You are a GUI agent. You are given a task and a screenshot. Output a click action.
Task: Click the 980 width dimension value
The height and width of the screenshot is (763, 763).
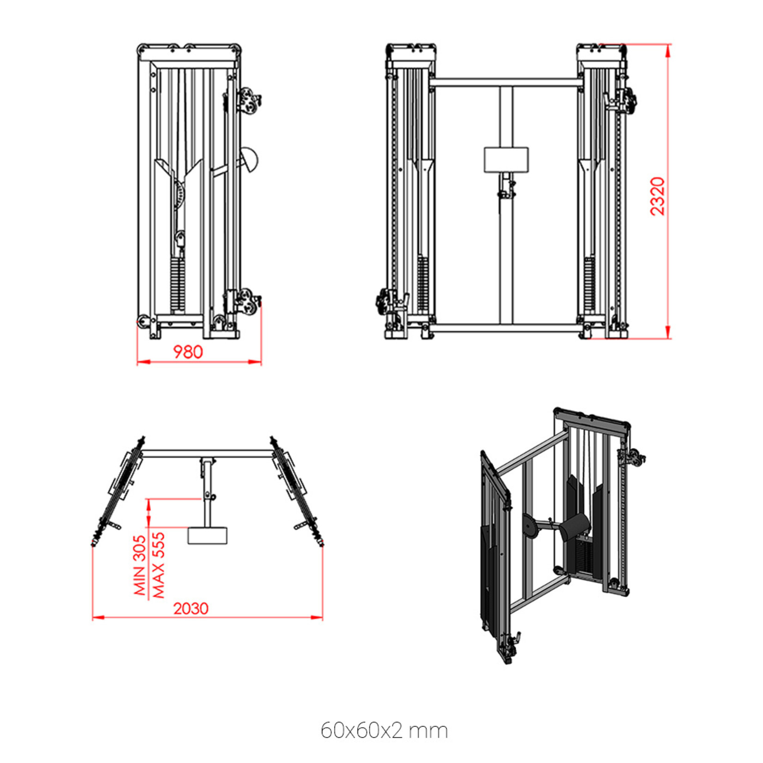tap(188, 352)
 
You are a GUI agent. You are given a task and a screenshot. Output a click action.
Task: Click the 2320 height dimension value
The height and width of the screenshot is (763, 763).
tap(657, 196)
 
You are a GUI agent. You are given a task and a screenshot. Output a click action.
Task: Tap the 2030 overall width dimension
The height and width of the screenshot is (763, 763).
tap(191, 609)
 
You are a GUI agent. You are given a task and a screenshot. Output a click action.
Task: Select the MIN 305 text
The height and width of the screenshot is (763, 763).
tap(140, 565)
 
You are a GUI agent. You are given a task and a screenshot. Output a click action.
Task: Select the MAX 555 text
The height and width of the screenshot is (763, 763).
tap(158, 565)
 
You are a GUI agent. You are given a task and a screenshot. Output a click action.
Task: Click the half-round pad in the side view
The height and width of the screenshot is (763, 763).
tap(250, 160)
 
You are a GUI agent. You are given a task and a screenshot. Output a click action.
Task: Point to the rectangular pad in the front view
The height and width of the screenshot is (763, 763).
tap(506, 159)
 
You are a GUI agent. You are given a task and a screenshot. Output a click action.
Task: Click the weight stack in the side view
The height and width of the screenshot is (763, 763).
tap(177, 284)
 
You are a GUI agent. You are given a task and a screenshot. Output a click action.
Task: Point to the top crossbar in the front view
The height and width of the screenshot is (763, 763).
tap(506, 83)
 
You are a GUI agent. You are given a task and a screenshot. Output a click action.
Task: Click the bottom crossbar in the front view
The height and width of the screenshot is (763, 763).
tap(506, 327)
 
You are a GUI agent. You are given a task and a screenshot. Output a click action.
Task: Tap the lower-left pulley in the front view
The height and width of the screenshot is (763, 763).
tap(384, 302)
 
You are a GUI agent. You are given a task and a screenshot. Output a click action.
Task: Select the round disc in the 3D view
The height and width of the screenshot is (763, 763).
tap(532, 526)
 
